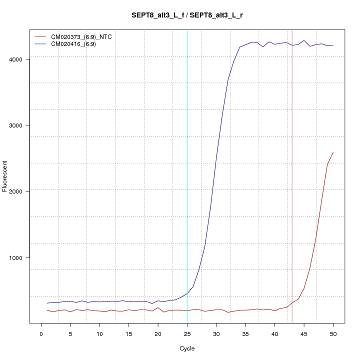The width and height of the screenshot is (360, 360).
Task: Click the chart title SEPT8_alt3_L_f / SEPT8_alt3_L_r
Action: (x=187, y=15)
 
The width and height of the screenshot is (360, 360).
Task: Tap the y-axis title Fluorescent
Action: (x=5, y=176)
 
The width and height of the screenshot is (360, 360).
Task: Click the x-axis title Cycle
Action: (x=187, y=348)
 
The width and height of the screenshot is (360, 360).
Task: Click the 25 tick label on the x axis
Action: (x=187, y=333)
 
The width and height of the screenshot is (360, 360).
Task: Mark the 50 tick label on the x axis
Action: (x=333, y=333)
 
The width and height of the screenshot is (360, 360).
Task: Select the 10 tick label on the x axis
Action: (x=99, y=333)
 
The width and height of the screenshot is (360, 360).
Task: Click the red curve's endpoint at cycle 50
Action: (x=333, y=152)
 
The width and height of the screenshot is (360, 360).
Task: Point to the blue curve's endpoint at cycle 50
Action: (x=333, y=45)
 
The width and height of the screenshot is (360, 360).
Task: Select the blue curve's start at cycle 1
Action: (x=47, y=303)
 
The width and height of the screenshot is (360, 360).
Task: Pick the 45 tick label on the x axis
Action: (x=304, y=333)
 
